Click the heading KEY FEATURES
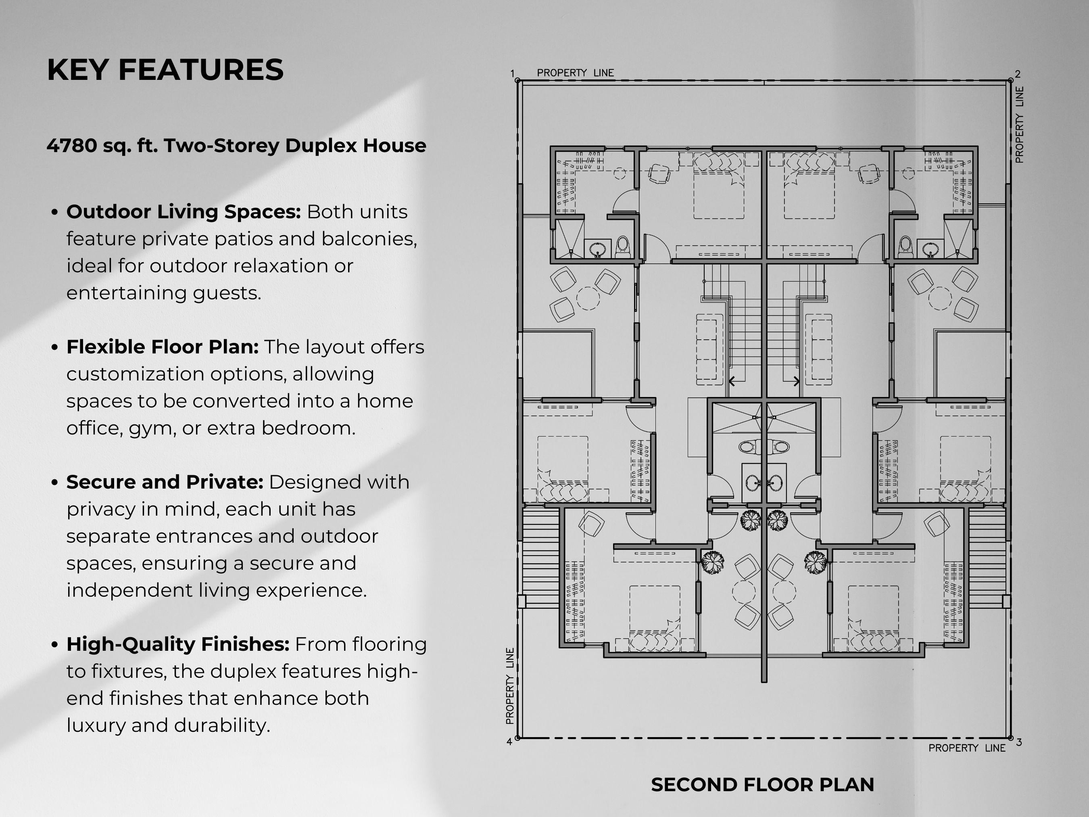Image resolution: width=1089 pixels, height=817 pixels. click(165, 69)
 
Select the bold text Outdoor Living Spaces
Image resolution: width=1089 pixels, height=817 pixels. click(183, 212)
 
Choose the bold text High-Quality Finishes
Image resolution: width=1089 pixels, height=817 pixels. click(178, 644)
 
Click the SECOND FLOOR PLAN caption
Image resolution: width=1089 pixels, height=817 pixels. click(762, 784)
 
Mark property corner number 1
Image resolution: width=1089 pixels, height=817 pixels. click(513, 74)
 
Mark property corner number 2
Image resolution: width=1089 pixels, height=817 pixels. click(1018, 74)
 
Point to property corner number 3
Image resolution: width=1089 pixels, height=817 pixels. click(1018, 742)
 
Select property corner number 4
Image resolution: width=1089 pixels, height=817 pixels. click(509, 742)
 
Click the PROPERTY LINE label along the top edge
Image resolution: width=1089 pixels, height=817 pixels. click(575, 73)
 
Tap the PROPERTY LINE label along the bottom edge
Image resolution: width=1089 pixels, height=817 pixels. click(966, 748)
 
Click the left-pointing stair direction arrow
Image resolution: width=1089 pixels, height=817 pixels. click(732, 381)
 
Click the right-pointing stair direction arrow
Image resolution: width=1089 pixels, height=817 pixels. click(796, 381)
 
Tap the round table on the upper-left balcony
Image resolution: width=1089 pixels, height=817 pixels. click(588, 298)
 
